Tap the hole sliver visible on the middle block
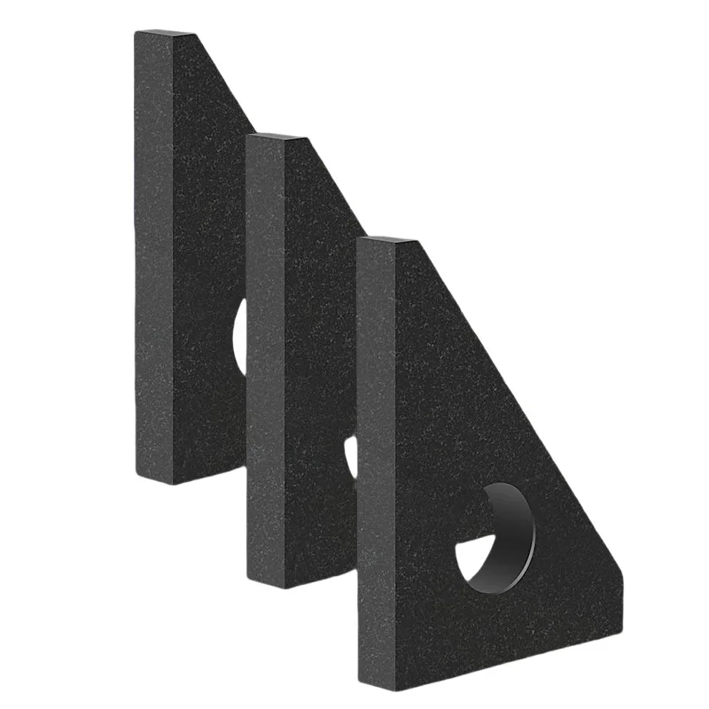[351, 456]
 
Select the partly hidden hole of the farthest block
[240, 338]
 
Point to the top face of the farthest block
[165, 35]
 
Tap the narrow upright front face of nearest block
[376, 461]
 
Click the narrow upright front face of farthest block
[152, 257]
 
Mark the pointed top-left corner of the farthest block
[137, 33]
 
